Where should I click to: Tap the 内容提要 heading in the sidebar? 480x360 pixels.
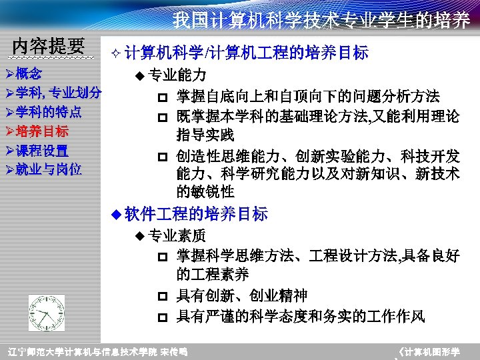coord(49,46)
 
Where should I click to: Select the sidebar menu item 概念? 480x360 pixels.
coord(28,73)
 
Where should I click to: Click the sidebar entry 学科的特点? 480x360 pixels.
coord(49,111)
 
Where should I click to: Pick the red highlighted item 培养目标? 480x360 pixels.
coord(42,131)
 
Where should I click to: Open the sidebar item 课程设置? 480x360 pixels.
coord(42,150)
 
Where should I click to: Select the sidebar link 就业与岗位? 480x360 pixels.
coord(49,169)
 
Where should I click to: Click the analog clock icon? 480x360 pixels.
coord(47,313)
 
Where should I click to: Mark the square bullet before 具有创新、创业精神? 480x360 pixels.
coord(162,296)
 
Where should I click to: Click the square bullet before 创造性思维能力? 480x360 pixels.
coord(162,157)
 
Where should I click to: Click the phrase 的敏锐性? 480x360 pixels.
coord(205,192)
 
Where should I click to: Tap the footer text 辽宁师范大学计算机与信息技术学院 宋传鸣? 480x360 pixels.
coord(97,351)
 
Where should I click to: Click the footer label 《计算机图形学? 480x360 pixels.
coord(429,351)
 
